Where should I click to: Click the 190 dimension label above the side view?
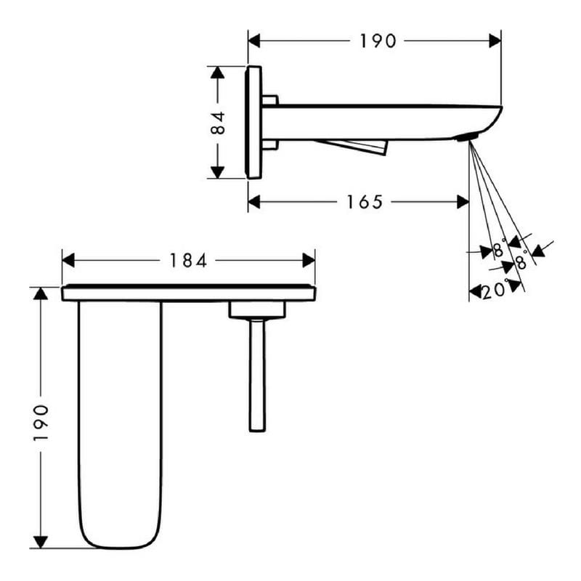point(378,41)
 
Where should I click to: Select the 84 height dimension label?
point(218,123)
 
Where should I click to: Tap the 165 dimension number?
point(365,202)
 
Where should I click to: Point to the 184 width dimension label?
point(188,261)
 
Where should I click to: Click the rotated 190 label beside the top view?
point(41,423)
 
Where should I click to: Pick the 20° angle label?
point(495,290)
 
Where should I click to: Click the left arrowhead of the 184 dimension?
point(68,261)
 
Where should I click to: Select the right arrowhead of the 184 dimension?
point(309,261)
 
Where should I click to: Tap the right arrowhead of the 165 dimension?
point(463,202)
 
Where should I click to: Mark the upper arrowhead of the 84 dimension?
point(217,72)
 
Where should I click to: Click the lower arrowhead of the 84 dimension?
point(217,172)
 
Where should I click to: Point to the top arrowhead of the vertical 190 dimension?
point(41,293)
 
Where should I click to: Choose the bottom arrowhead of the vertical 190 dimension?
point(41,542)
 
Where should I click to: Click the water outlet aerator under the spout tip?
point(468,138)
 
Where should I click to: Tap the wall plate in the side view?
point(253,122)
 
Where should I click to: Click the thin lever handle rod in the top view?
point(257,375)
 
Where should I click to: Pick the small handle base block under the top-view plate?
point(257,310)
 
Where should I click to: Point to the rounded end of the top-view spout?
point(121,537)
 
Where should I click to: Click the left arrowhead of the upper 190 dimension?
point(253,41)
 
